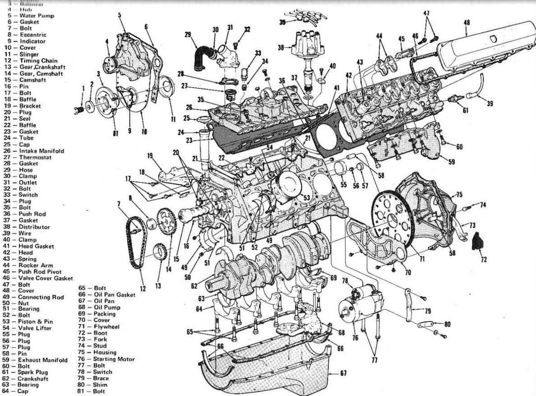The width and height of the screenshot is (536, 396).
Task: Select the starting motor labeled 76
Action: click(361, 304)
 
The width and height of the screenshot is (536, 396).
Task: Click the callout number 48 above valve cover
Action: click(467, 22)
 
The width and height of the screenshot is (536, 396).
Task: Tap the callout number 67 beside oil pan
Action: click(344, 373)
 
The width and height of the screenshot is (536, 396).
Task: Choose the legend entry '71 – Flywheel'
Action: click(96, 326)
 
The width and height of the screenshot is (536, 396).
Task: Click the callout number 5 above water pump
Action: click(120, 15)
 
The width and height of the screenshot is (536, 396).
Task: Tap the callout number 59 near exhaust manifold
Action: click(452, 162)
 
